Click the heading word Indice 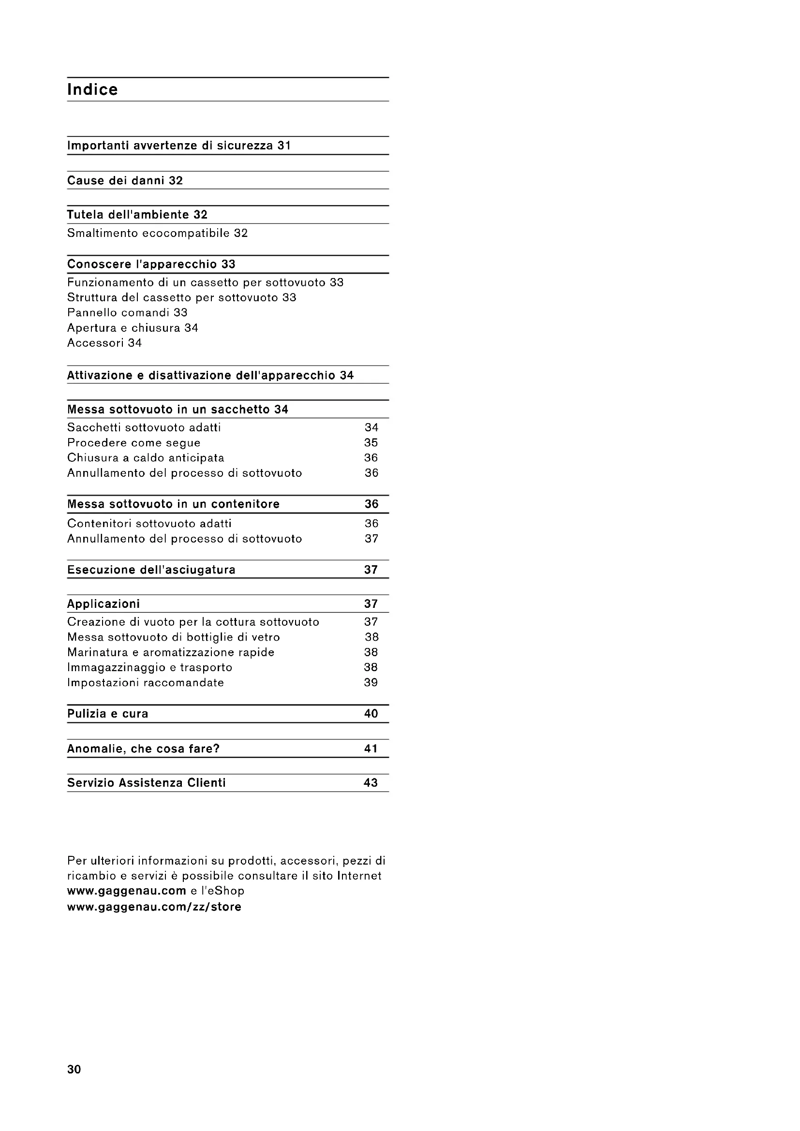tap(92, 89)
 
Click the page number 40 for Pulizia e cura tap(371, 714)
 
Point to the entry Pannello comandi tap(127, 313)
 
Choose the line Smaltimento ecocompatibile tap(157, 234)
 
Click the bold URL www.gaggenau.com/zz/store tap(154, 907)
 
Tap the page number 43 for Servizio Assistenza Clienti tap(370, 783)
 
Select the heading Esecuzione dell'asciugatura tap(151, 570)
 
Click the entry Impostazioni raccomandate tap(145, 683)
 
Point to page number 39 tap(371, 683)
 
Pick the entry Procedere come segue tap(134, 443)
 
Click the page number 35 tap(371, 443)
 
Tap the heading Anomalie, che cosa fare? tap(143, 749)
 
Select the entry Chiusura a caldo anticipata tap(146, 458)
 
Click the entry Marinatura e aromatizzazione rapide tap(171, 653)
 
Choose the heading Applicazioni tap(104, 604)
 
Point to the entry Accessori tap(104, 343)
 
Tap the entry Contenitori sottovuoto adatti tap(149, 524)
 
